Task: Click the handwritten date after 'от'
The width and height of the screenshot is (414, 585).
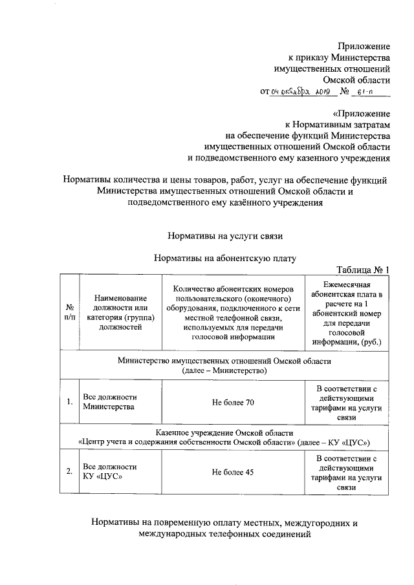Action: coord(301,93)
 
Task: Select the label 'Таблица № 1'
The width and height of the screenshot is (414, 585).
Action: coord(363,270)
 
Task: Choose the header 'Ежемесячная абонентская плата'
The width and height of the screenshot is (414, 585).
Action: coord(347,312)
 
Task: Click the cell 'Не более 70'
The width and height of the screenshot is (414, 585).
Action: coord(234,403)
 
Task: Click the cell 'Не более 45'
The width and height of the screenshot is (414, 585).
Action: coord(234,472)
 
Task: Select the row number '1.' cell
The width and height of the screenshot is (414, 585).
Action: coord(69,403)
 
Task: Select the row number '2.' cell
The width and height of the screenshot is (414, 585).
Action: coord(69,472)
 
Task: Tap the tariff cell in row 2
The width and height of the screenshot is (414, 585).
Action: coord(347,472)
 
